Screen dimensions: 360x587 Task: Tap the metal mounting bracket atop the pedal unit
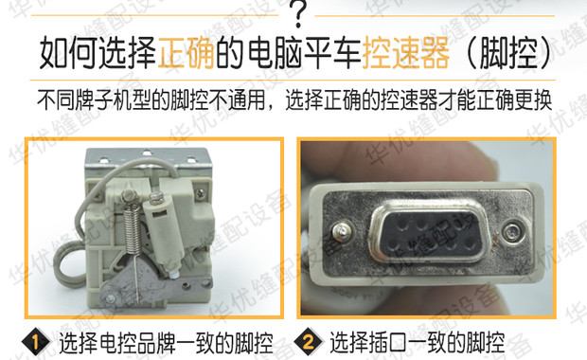pos(151,161)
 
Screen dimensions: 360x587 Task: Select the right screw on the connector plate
pos(514,230)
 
